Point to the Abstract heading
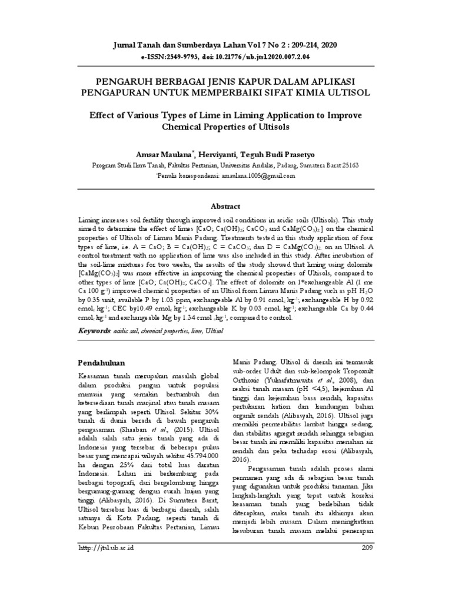(226, 206)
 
